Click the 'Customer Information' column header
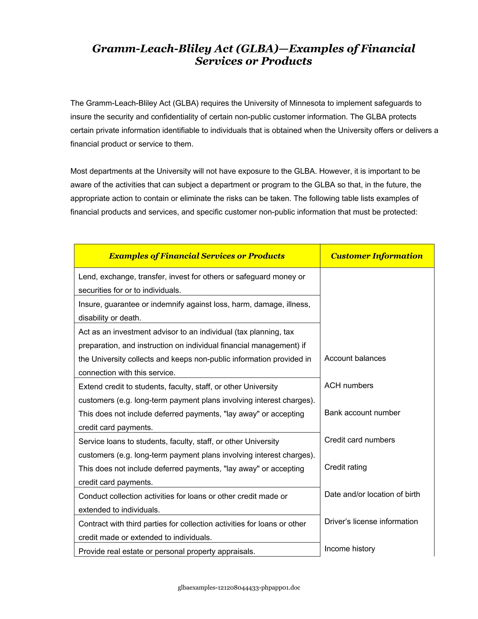[377, 256]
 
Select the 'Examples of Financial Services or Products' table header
[197, 256]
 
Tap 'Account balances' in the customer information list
[355, 358]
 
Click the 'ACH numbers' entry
[349, 385]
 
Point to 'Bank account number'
[362, 413]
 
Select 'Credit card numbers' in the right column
[359, 440]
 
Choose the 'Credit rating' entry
[345, 467]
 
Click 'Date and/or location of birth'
[372, 494]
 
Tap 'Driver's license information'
[371, 522]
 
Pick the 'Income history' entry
[349, 549]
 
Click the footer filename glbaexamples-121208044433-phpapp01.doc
[239, 587]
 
